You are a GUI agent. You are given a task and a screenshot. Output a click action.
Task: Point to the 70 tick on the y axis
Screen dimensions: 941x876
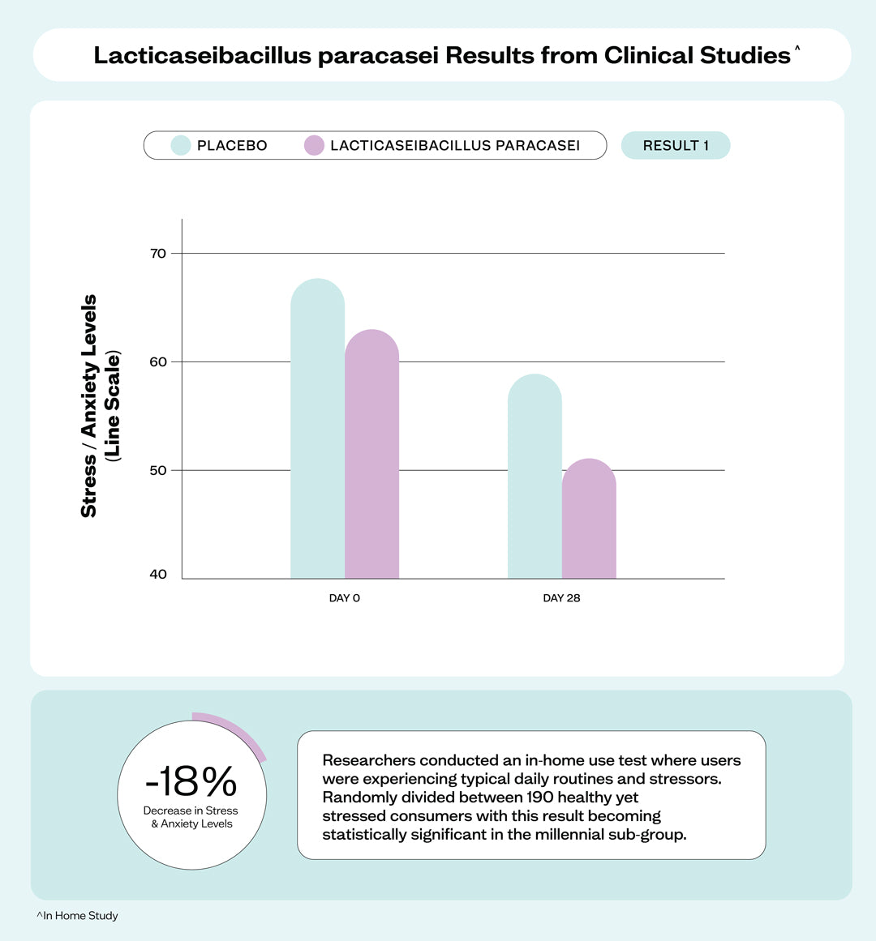click(158, 254)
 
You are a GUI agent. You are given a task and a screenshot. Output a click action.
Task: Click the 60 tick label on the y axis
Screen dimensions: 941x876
click(158, 362)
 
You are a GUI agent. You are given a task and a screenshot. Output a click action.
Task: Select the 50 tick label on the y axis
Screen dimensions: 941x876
click(158, 471)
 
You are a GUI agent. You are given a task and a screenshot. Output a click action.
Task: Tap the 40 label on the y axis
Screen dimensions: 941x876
click(158, 575)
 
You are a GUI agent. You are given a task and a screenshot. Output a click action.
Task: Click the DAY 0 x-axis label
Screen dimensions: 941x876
click(345, 598)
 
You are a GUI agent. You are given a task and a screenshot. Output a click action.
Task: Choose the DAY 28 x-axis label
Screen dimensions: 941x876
click(561, 598)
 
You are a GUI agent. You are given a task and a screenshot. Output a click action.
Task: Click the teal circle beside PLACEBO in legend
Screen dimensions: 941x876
click(180, 146)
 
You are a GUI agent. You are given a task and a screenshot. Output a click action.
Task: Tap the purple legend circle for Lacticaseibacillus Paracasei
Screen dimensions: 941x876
click(314, 146)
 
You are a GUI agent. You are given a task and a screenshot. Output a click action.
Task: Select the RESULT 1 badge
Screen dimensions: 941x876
click(676, 146)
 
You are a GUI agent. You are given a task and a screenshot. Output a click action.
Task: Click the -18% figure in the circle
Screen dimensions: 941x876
click(191, 781)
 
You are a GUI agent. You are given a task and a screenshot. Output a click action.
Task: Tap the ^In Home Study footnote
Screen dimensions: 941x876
click(78, 916)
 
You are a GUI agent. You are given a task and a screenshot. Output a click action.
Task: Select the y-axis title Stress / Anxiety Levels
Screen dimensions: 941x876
click(89, 405)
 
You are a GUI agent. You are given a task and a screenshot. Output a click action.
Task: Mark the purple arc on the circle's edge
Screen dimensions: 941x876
click(239, 729)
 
